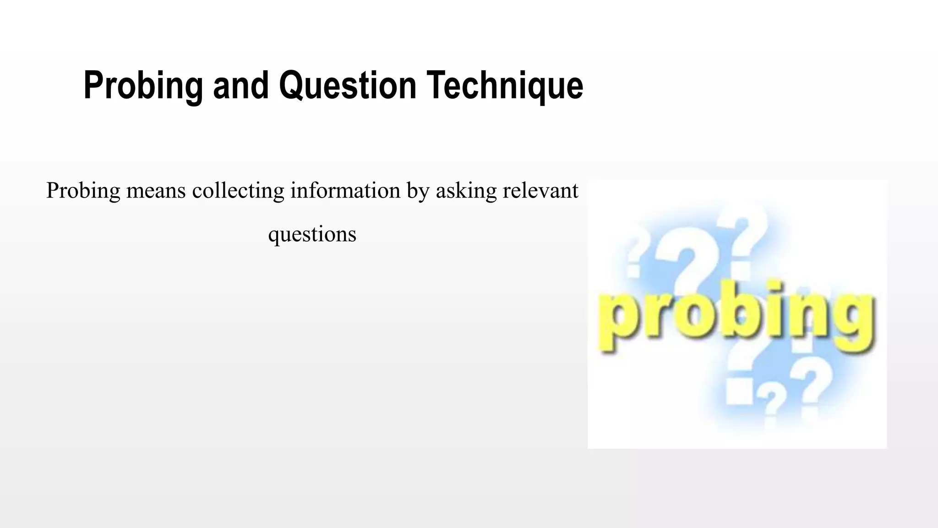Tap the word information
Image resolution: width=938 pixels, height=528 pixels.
pos(345,191)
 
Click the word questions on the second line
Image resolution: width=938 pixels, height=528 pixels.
pos(312,235)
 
